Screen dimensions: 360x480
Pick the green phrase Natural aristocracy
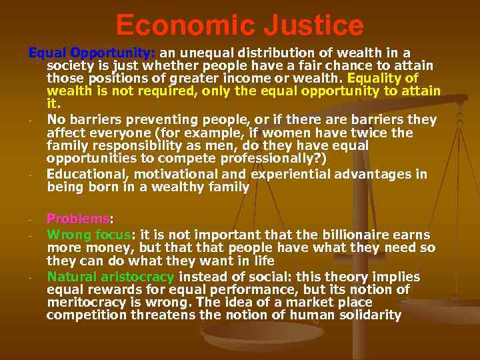[x=111, y=277]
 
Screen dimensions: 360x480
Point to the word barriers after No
[x=95, y=120]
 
